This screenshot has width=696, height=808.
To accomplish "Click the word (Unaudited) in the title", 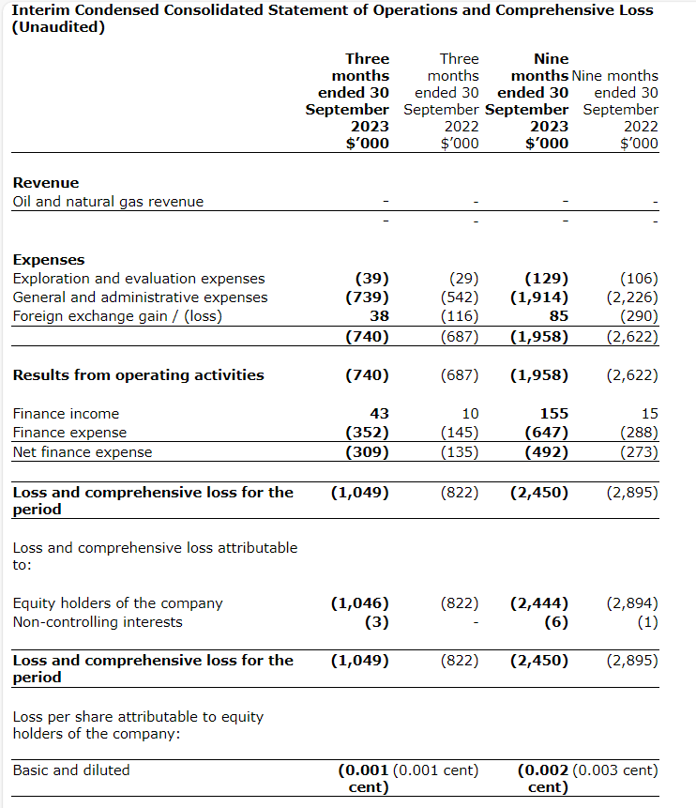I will [x=58, y=27].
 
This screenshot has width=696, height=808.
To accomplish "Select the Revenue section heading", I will [x=45, y=182].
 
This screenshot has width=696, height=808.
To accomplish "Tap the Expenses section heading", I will [x=48, y=259].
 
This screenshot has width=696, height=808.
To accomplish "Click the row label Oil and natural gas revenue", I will [x=108, y=201].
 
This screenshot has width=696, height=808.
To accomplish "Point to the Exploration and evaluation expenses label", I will [x=138, y=278].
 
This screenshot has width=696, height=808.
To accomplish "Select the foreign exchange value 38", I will [x=379, y=315].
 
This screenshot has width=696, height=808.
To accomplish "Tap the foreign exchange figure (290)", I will [x=640, y=315].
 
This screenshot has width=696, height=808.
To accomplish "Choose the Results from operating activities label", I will [x=138, y=374].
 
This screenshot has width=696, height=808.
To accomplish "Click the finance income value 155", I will [x=554, y=413].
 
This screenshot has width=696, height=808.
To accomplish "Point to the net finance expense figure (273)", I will [x=640, y=451].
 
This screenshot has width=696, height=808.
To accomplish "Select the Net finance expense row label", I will [x=82, y=451].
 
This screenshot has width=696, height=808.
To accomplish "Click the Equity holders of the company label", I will [x=117, y=602].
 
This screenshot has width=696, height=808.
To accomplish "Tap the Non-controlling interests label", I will [x=98, y=621].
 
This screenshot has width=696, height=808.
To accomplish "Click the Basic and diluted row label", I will [x=71, y=770].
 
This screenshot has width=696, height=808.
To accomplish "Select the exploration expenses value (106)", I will [x=640, y=278].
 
